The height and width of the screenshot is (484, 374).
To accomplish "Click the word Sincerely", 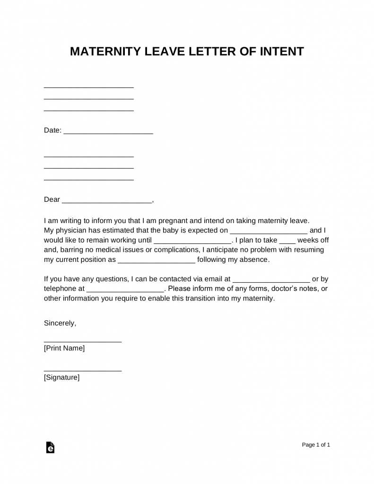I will (60, 323).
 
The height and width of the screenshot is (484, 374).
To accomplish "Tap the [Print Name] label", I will (64, 348).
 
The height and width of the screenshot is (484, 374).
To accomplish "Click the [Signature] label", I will (61, 378).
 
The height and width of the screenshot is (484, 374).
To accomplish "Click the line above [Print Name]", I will (82, 341).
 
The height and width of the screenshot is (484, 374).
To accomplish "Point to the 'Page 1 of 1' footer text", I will (316, 445).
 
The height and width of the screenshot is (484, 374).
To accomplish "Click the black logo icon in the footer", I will (50, 448).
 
